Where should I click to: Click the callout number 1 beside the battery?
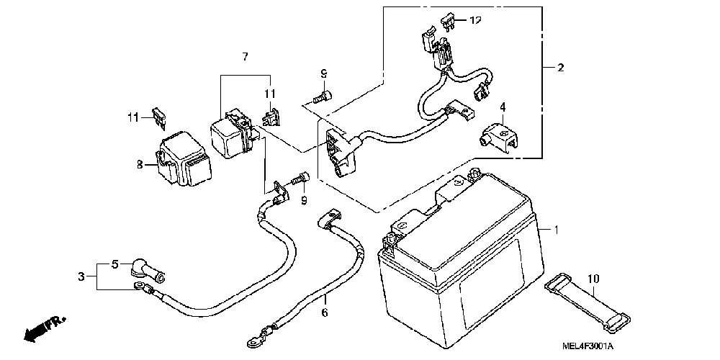[556, 229]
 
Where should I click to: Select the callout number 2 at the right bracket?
[560, 68]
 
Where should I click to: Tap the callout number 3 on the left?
[81, 276]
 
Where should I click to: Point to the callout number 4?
[503, 107]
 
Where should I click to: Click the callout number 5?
[114, 264]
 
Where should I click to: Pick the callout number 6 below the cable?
[324, 312]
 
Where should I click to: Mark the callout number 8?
[140, 165]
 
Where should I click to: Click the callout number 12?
[475, 20]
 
